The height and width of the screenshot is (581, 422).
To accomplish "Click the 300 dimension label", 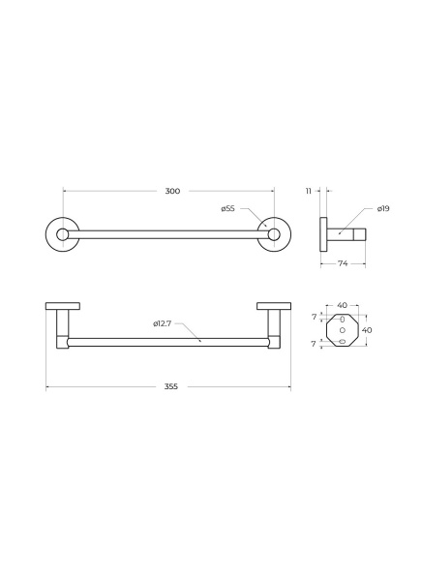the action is click(172, 191).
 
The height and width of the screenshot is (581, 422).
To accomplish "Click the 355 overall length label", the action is click(171, 386).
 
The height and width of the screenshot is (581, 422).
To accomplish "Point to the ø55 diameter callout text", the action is click(227, 208).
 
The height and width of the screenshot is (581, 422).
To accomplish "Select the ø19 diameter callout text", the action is click(383, 208).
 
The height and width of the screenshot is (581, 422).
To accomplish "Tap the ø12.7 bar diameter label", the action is click(163, 323).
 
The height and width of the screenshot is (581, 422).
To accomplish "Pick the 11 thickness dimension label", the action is click(309, 191).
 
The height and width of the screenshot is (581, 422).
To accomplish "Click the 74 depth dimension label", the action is click(343, 263).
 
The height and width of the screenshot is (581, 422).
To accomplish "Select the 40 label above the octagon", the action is click(342, 305).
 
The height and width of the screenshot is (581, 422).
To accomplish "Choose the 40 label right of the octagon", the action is click(367, 330).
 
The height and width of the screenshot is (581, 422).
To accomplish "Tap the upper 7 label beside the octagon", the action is click(315, 318).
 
